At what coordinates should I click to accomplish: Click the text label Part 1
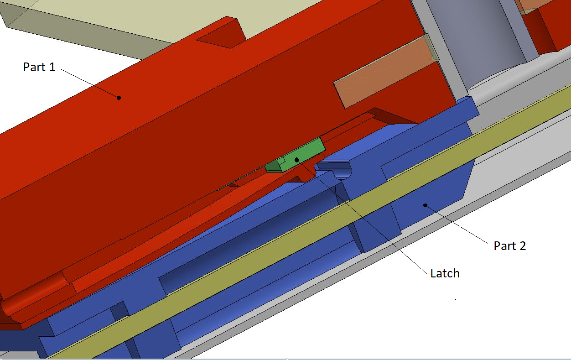tap(39, 67)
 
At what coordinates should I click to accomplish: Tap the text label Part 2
tap(509, 246)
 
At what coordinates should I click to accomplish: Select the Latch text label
tap(445, 273)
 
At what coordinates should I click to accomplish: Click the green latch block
tap(296, 157)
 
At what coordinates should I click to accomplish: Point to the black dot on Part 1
tap(119, 98)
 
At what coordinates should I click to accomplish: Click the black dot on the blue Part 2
tap(425, 205)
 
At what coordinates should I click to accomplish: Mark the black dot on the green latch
tap(296, 160)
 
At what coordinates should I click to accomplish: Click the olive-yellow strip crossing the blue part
tap(306, 224)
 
